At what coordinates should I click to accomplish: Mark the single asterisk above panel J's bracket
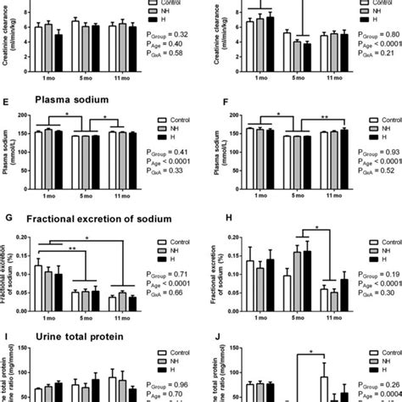click(x=311, y=351)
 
